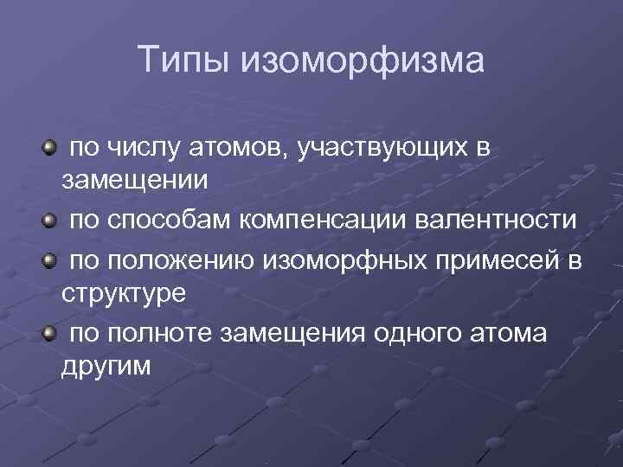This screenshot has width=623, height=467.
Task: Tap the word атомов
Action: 244,148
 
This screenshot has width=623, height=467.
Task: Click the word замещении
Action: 134,181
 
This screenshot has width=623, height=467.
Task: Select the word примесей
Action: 487,261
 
